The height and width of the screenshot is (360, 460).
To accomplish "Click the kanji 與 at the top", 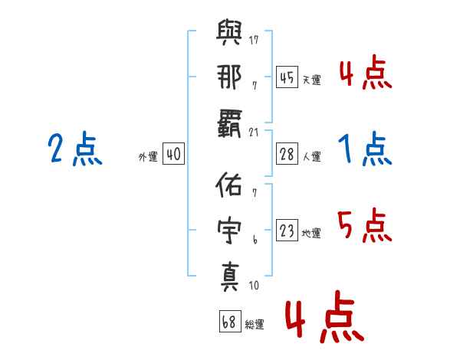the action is (x=229, y=32).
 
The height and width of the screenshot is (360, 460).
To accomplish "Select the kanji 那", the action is (x=229, y=77).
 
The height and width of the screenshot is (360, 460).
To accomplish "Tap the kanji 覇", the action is (x=229, y=124).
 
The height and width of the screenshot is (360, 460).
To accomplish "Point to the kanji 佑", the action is (x=228, y=184).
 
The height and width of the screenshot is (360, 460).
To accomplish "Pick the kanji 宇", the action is (x=229, y=230).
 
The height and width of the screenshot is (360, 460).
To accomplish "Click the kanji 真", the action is (x=230, y=277).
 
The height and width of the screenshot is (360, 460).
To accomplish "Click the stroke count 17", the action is (x=254, y=40).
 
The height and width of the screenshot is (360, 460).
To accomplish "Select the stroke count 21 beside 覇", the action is (x=254, y=133).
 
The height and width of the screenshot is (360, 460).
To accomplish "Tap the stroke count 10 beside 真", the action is (x=254, y=285).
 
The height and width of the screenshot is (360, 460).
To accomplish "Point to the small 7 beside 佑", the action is (x=255, y=192).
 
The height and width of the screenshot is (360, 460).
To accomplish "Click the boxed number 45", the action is (x=287, y=77).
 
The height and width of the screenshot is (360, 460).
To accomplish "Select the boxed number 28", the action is (x=287, y=154).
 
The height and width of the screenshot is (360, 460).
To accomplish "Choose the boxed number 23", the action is (x=287, y=230).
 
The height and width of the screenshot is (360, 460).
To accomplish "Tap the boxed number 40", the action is (x=173, y=154).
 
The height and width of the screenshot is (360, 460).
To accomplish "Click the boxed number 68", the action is (x=230, y=321).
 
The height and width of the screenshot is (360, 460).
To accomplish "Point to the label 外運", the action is (x=148, y=156).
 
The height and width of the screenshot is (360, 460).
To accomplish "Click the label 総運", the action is (x=255, y=324).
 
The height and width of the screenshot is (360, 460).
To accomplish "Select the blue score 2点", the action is (x=75, y=149).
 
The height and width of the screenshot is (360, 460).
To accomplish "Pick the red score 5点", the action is (x=365, y=225).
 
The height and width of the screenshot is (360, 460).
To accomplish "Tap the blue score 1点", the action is (x=365, y=149).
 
